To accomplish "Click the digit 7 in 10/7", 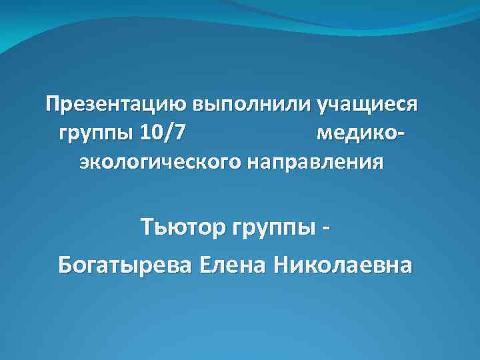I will click(180, 133).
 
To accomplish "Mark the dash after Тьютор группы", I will click(327, 229).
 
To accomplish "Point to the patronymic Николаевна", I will click(342, 264).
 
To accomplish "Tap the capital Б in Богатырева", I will click(67, 264).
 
